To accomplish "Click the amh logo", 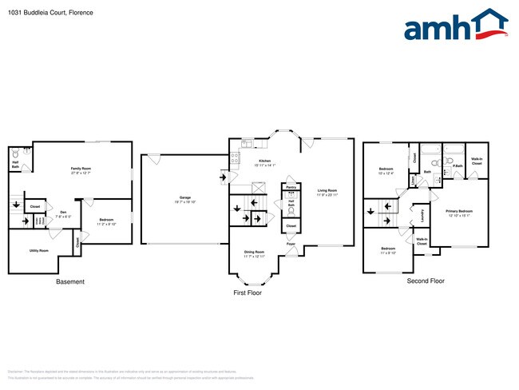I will [456, 26].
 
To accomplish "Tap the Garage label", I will [184, 197].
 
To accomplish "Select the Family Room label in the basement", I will [81, 169].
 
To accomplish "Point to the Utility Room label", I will [39, 251].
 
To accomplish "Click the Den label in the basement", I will [62, 213].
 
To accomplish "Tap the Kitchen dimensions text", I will [264, 165].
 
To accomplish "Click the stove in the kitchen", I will [235, 158].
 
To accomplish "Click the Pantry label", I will [291, 187].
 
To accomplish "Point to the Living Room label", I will [327, 191].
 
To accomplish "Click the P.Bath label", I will [458, 166].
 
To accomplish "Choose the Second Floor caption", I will [426, 281].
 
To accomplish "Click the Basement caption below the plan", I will [70, 282].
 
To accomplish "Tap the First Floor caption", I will [248, 293].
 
